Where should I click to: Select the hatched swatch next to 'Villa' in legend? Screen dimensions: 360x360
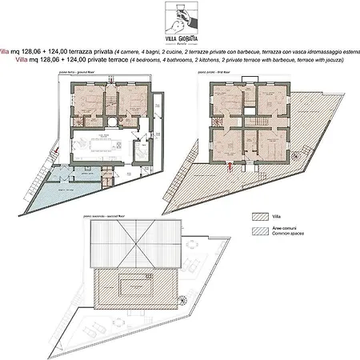coord(258,216)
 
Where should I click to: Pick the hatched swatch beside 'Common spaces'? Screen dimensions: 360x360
coord(258,230)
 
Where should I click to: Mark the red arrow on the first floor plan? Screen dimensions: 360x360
coord(230,168)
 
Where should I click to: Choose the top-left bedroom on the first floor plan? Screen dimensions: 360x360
coord(226,103)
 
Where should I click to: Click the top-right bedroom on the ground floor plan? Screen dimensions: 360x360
coord(131,102)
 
